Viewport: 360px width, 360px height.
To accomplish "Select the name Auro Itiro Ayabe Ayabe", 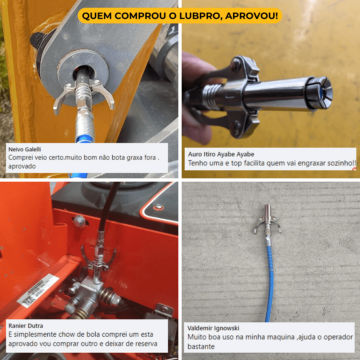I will click(x=221, y=154).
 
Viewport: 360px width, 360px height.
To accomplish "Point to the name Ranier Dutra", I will click(x=26, y=326).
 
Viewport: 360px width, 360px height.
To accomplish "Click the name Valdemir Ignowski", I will click(x=213, y=328).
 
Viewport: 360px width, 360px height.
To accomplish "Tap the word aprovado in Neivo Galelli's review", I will click(x=22, y=166).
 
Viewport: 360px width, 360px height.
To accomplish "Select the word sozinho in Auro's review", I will click(x=337, y=163).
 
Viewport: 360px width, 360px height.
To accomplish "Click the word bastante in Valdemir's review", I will click(x=201, y=347).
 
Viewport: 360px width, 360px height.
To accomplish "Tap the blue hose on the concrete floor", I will click(x=269, y=283).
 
